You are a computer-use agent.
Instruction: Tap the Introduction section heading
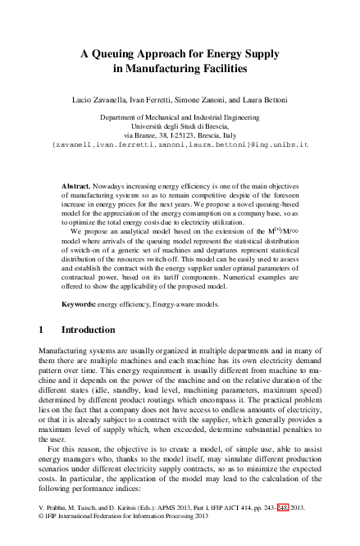click(89, 330)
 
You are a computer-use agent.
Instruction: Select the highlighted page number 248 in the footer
click(284, 508)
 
